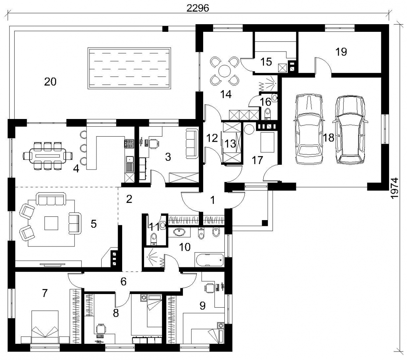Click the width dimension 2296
pos(198,8)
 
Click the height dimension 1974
pos(395,188)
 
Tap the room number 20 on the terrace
pos(50,82)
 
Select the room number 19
pos(341,52)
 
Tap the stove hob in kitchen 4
pos(129,144)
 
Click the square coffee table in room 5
pos(51,223)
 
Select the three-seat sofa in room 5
pos(51,199)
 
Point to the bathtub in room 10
pos(209,260)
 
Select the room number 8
pos(116,313)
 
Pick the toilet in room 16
pos(267,113)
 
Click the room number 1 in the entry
pos(213,200)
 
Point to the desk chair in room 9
pos(209,287)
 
